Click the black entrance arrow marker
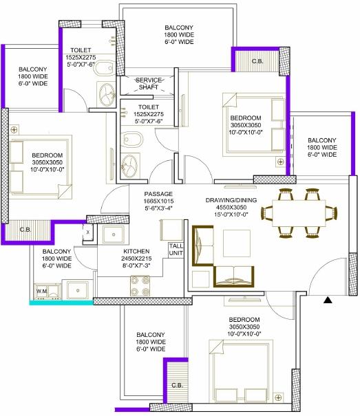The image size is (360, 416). coord(328,300)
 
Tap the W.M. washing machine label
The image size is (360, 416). coord(42,291)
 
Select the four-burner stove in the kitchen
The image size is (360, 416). coord(140,286)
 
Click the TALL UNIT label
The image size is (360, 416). coord(176,250)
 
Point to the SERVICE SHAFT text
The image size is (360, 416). coord(149,83)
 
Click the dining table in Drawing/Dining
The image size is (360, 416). coord(299,213)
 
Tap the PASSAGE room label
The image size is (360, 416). coord(158,194)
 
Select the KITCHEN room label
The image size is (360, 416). coord(136,251)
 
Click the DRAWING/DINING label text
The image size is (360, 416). coord(231,200)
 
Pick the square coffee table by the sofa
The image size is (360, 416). coord(237,243)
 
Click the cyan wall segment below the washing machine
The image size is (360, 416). coord(61,303)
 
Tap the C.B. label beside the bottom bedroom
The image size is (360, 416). coord(177,385)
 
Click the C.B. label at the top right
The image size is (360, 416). coord(257,61)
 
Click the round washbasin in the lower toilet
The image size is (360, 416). coord(130,166)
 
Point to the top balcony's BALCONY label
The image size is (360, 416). coord(179,28)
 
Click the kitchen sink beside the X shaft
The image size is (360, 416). coord(114,234)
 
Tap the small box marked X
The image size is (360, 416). coord(87,232)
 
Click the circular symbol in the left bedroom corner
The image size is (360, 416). coord(14,130)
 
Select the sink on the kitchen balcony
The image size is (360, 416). coord(78,290)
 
